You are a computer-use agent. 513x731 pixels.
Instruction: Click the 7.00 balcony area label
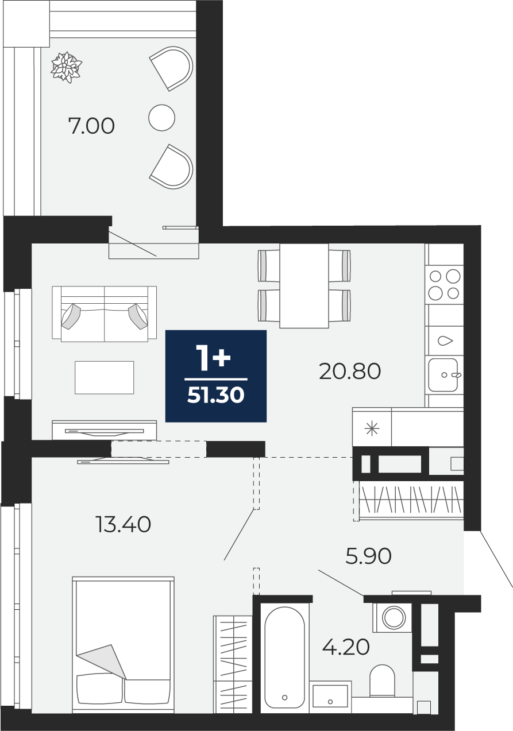coord(91,126)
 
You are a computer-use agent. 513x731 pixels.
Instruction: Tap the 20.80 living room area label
coord(350,372)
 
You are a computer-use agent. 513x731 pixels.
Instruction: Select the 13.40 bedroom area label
coord(124,525)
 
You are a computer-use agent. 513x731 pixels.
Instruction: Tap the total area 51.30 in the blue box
coord(216,396)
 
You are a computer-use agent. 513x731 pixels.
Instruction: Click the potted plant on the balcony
coord(66,67)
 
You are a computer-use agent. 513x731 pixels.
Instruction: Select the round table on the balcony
coord(161,118)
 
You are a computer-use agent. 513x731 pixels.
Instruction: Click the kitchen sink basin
coord(443,375)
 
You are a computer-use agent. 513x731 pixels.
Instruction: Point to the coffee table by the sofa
coord(104,378)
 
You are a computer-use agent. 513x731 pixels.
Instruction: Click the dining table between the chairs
coord(304,286)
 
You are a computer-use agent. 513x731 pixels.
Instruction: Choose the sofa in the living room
coord(104,314)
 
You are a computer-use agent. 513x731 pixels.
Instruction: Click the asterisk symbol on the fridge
coord(372,429)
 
